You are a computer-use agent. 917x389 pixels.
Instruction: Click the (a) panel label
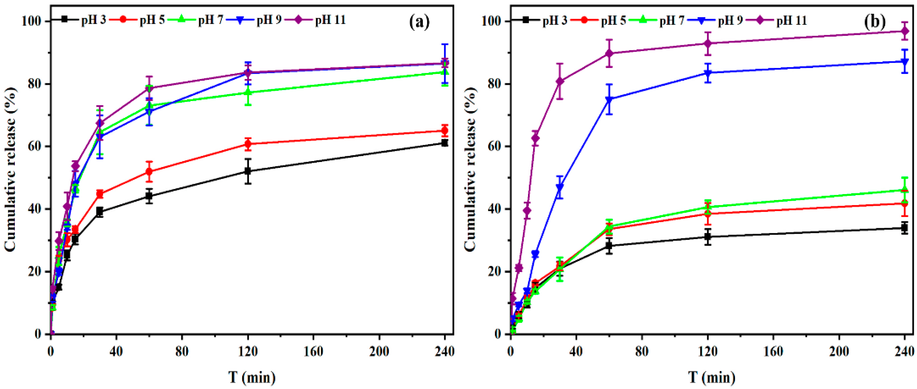coord(419,22)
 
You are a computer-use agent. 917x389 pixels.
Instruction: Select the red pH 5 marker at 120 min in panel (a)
coord(248,144)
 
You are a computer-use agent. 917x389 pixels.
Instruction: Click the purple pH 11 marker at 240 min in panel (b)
coord(905,31)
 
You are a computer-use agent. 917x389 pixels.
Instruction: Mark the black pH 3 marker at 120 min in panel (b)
coord(708,237)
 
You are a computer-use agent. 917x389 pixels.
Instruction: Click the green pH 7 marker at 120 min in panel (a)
coord(248,92)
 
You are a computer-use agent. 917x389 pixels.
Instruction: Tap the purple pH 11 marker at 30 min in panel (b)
coord(560,81)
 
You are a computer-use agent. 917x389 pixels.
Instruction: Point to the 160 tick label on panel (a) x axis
coord(314,352)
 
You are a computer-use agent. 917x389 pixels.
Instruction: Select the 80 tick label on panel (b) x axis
coord(642,352)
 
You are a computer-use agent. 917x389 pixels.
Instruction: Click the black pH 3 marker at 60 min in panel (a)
coord(149,196)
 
